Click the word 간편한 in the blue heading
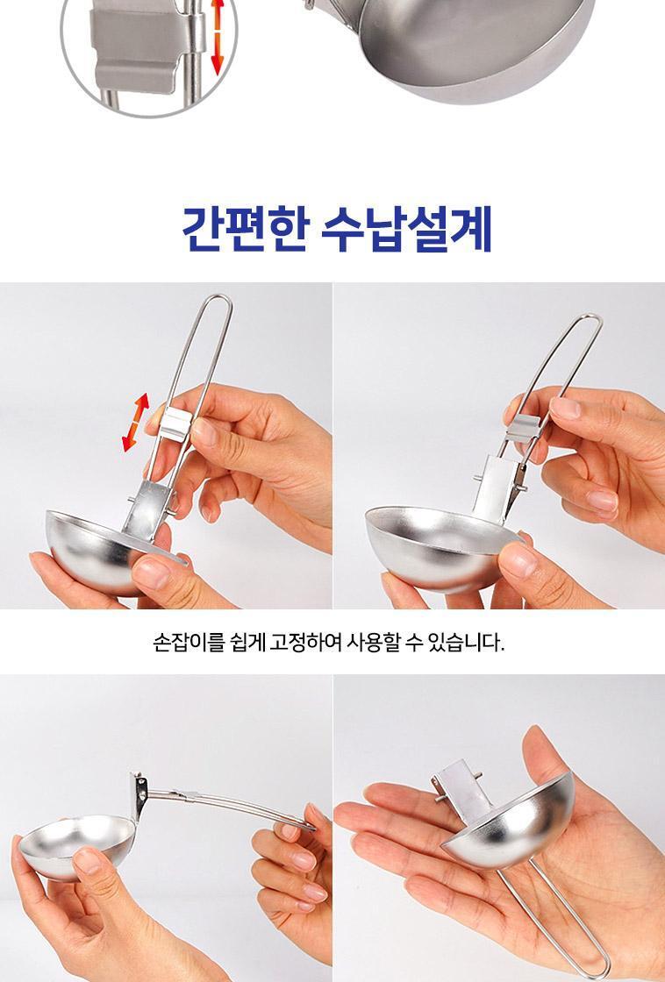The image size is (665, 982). tap(245, 229)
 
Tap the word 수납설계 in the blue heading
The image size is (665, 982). tap(406, 229)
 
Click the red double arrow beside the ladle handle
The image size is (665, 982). tap(135, 422)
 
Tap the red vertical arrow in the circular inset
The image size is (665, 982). tap(217, 37)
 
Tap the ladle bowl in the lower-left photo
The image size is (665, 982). tap(76, 845)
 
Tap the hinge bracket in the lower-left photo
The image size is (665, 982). tap(139, 795)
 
